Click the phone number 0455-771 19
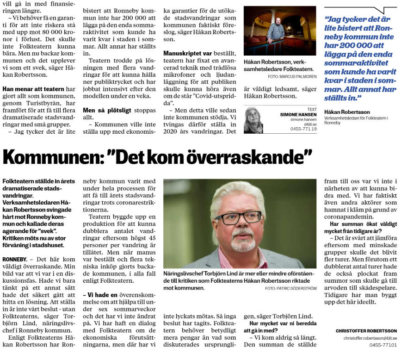pyautogui.click(x=304, y=129)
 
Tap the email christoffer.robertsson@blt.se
pyautogui.click(x=370, y=338)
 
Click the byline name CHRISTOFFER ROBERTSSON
pyautogui.click(x=366, y=331)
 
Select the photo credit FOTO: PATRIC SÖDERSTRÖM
pyautogui.click(x=291, y=288)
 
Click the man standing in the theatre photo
pyautogui.click(x=277, y=32)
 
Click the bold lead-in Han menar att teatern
pyautogui.click(x=32, y=89)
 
